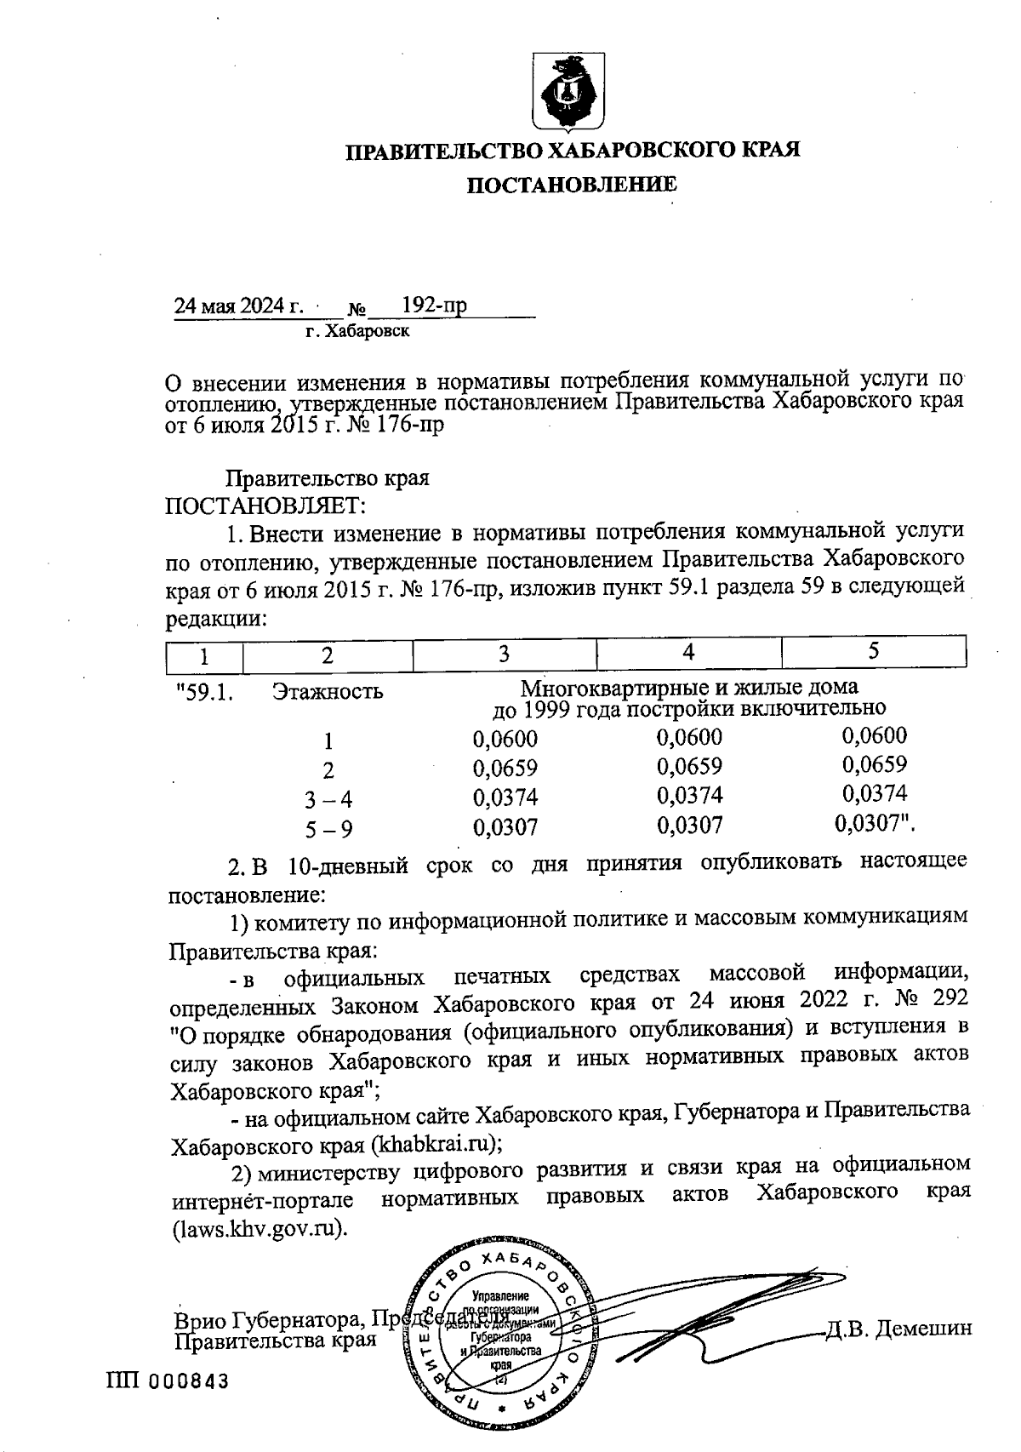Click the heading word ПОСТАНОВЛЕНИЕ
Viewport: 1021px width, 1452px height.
tap(572, 185)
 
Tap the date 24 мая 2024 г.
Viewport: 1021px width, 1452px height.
tap(239, 306)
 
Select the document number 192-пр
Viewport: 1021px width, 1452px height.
tap(434, 306)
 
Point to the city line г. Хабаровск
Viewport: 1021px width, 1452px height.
tap(357, 331)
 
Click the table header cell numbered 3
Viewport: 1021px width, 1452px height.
tap(504, 654)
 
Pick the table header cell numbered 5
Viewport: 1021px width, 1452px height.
tap(873, 651)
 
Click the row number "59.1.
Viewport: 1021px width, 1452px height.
tap(204, 692)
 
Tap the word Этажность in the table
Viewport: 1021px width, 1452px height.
tap(328, 692)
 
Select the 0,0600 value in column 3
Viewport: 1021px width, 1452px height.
tap(505, 740)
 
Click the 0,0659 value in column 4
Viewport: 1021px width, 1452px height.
tap(690, 766)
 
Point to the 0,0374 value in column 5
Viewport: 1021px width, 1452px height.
tap(875, 794)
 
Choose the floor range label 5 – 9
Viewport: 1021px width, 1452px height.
tap(329, 828)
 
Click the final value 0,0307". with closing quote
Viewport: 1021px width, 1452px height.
tap(880, 824)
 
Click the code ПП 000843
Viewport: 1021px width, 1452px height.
tap(168, 1381)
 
